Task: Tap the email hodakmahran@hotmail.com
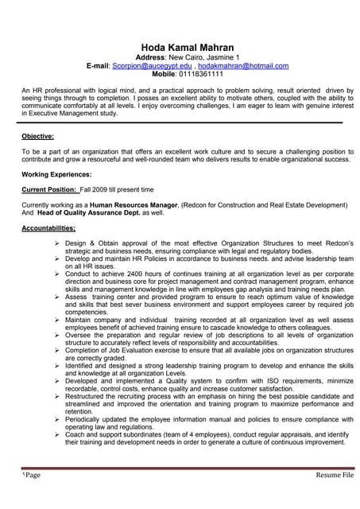click(x=242, y=65)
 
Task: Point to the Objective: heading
click(x=38, y=136)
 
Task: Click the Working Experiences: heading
click(x=56, y=173)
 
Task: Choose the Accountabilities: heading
click(x=53, y=229)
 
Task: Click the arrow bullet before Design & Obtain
click(x=57, y=243)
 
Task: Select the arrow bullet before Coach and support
click(x=57, y=435)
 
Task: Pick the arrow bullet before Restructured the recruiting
click(x=57, y=396)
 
